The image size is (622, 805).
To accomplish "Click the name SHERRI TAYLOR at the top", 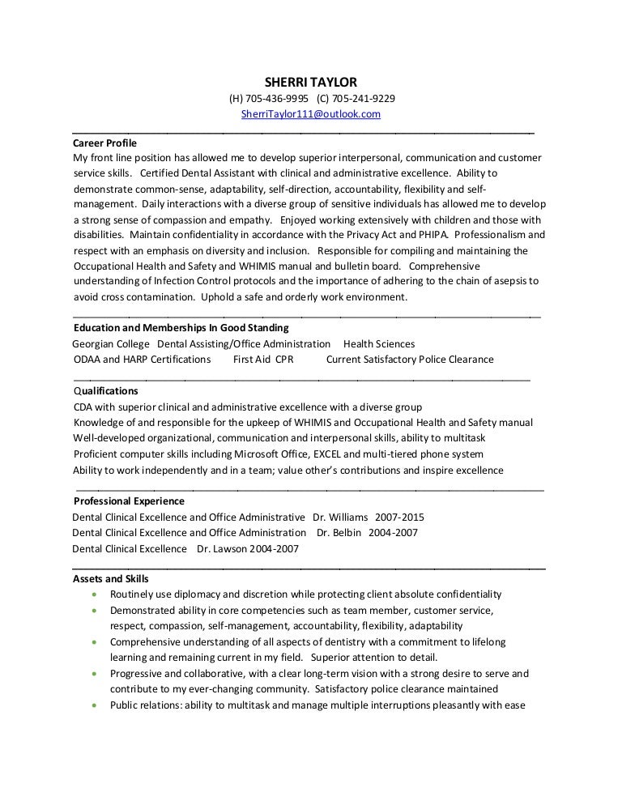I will click(x=311, y=83).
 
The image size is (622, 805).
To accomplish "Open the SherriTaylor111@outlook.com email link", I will click(x=311, y=114).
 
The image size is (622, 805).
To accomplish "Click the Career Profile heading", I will click(x=104, y=141).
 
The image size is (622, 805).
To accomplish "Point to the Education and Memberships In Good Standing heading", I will click(x=181, y=328).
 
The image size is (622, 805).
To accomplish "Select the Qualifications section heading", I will click(x=105, y=390).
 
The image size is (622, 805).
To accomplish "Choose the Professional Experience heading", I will click(x=129, y=501).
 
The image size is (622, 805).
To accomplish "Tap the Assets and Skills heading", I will click(x=110, y=578).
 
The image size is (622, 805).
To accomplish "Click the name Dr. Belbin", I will click(x=338, y=533).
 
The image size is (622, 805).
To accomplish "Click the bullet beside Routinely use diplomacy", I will click(x=96, y=594).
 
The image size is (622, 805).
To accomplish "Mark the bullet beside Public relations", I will click(x=96, y=705).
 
